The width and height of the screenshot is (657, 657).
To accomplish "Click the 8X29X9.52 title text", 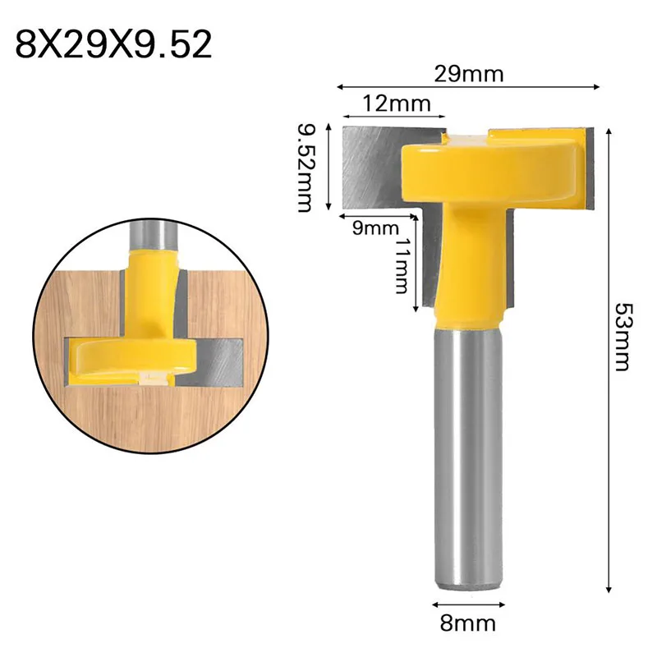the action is [x=113, y=44].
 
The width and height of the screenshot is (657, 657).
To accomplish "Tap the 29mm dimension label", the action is [x=468, y=74].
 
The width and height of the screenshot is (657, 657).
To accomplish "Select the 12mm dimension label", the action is [x=396, y=103].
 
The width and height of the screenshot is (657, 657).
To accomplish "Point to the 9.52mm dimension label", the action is [x=305, y=168].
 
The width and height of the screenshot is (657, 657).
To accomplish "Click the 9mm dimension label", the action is [x=375, y=228].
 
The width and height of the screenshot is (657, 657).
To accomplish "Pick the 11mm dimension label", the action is [x=402, y=266].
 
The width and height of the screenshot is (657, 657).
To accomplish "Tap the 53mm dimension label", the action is [x=622, y=337].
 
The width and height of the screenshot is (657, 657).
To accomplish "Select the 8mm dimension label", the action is [x=467, y=623].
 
